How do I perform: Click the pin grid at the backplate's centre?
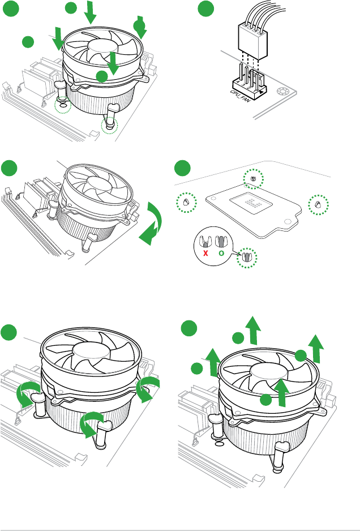coord(250,201)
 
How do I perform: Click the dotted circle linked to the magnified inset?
coord(247,256)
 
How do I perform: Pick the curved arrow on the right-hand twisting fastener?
coord(149,388)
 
